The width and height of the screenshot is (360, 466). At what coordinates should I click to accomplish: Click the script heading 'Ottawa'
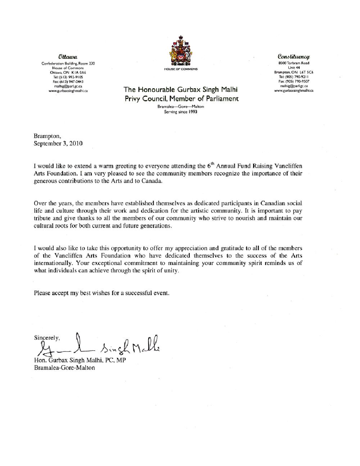(68, 57)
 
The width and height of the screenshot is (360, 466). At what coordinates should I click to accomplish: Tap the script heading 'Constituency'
(294, 57)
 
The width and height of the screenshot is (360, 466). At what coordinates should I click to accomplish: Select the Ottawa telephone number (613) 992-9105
(68, 77)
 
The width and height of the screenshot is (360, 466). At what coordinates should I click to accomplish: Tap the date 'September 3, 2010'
(58, 143)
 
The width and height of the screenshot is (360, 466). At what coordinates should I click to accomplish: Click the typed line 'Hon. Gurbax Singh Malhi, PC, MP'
(80, 360)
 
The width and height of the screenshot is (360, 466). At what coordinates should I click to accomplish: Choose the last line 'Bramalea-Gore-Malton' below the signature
(64, 368)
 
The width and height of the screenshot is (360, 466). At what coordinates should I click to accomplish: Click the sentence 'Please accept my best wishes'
(102, 293)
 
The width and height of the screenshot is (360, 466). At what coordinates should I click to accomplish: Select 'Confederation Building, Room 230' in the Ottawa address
(68, 63)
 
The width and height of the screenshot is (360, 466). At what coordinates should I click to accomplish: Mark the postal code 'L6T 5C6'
(306, 72)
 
